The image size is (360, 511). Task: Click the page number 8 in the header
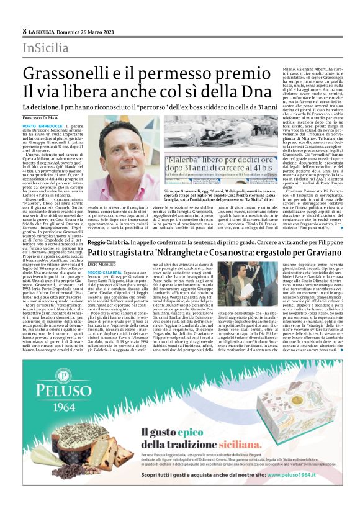(x=25, y=31)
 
